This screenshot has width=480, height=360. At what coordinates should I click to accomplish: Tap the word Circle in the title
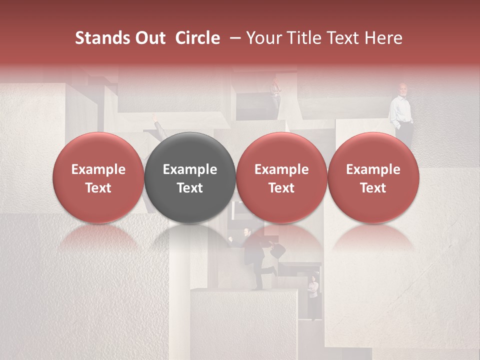click(x=197, y=38)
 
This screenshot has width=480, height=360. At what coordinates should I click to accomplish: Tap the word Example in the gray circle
click(x=190, y=169)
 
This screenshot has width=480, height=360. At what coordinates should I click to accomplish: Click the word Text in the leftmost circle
click(x=98, y=188)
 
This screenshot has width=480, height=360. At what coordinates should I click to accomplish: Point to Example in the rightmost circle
click(x=373, y=169)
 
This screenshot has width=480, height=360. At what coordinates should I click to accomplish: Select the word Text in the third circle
click(x=281, y=188)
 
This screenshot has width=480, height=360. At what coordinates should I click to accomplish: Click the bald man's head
click(x=402, y=89)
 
